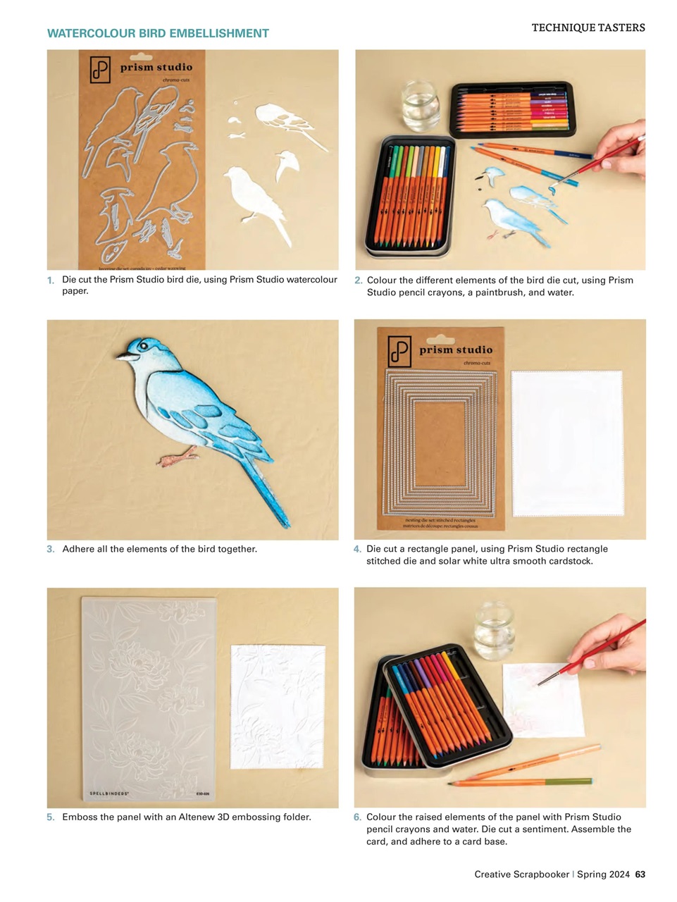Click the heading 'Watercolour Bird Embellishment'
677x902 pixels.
click(x=158, y=33)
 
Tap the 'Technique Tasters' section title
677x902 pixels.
click(x=588, y=27)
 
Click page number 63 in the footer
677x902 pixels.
click(x=640, y=874)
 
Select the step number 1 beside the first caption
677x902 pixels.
click(x=51, y=280)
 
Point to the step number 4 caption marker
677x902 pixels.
click(x=357, y=549)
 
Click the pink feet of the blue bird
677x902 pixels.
click(x=175, y=458)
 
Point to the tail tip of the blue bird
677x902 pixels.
click(x=285, y=524)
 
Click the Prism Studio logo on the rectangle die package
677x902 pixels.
click(x=399, y=350)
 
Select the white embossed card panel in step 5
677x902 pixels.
click(x=278, y=707)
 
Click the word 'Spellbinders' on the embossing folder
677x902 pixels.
click(x=108, y=793)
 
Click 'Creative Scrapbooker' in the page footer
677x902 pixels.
click(x=521, y=874)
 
